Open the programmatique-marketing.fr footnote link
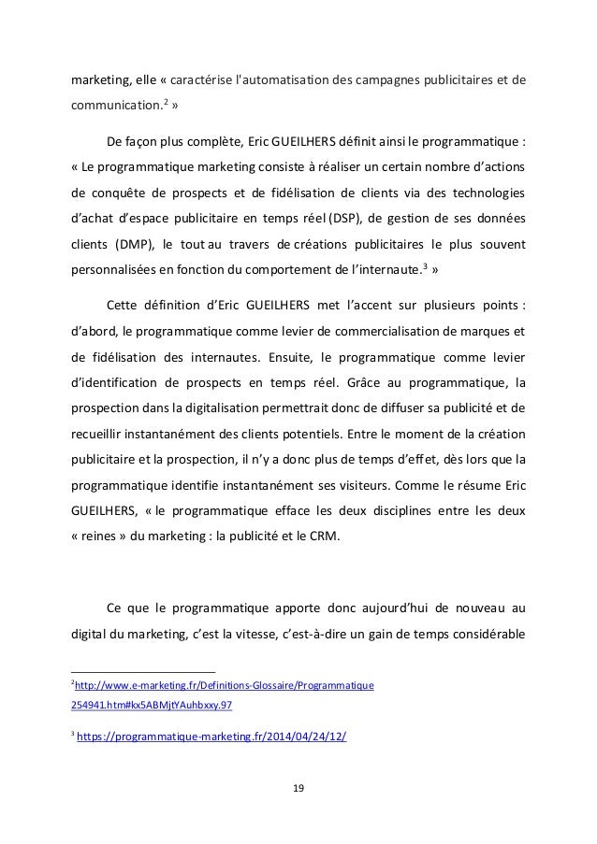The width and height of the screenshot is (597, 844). tap(211, 737)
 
